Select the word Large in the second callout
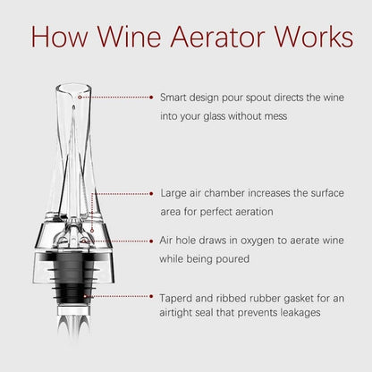pos(173,192)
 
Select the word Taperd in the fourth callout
pos(176,294)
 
